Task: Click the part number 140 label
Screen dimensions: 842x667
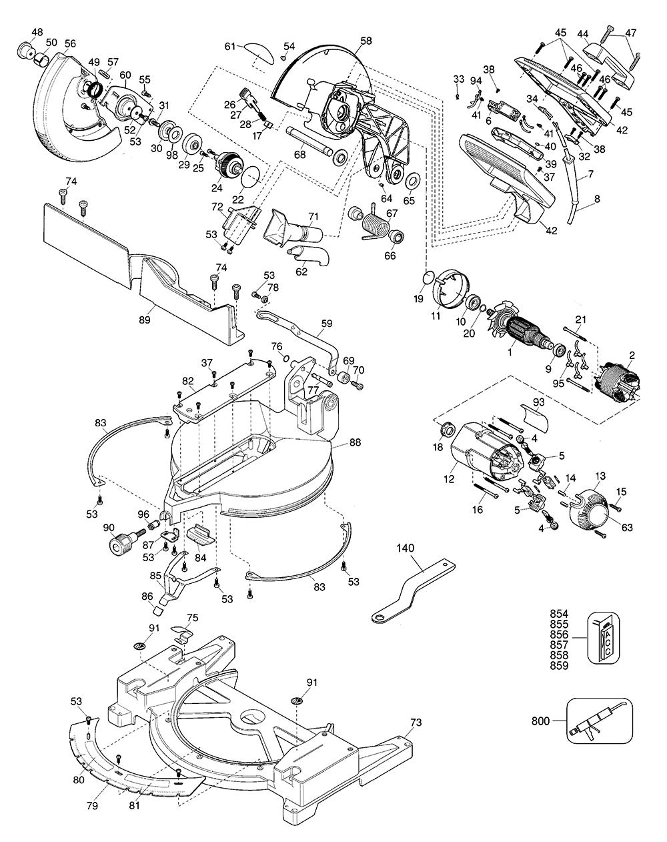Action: (405, 548)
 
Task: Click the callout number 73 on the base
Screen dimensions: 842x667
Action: (416, 722)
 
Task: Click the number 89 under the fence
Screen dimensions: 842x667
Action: (144, 319)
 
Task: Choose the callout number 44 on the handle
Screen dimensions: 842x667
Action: (582, 33)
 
